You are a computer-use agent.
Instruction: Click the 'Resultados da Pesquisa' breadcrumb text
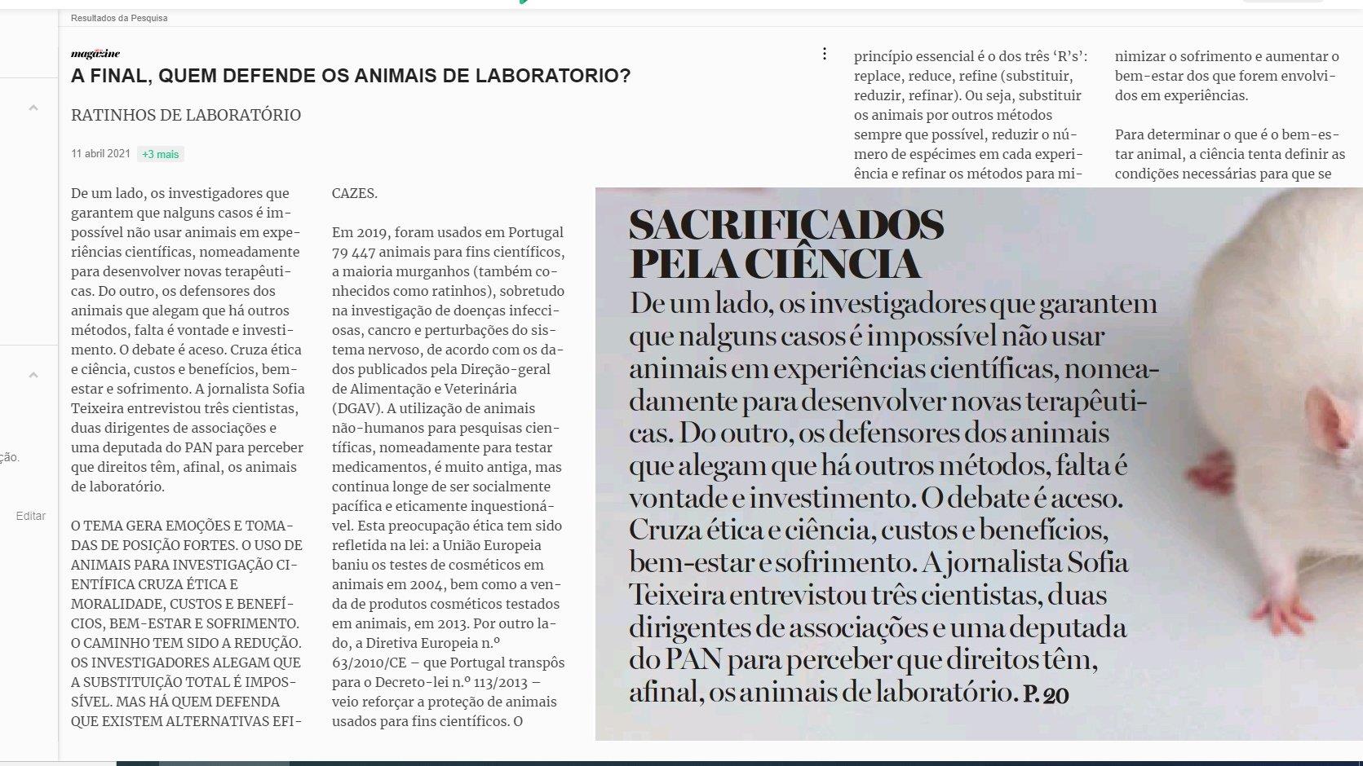(x=119, y=18)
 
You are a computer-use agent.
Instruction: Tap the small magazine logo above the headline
(x=95, y=54)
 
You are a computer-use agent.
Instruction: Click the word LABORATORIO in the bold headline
(x=552, y=77)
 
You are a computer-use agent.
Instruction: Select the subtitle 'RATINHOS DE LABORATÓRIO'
(x=186, y=116)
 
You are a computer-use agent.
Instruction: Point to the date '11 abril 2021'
(x=100, y=153)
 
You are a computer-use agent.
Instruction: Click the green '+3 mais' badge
(x=160, y=154)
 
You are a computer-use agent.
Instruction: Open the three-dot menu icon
(x=825, y=54)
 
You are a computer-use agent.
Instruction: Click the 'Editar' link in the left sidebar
(x=30, y=516)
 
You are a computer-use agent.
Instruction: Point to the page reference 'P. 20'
(x=1046, y=695)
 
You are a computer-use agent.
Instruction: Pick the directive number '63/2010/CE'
(x=369, y=663)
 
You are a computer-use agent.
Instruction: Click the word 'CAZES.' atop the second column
(x=355, y=194)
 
